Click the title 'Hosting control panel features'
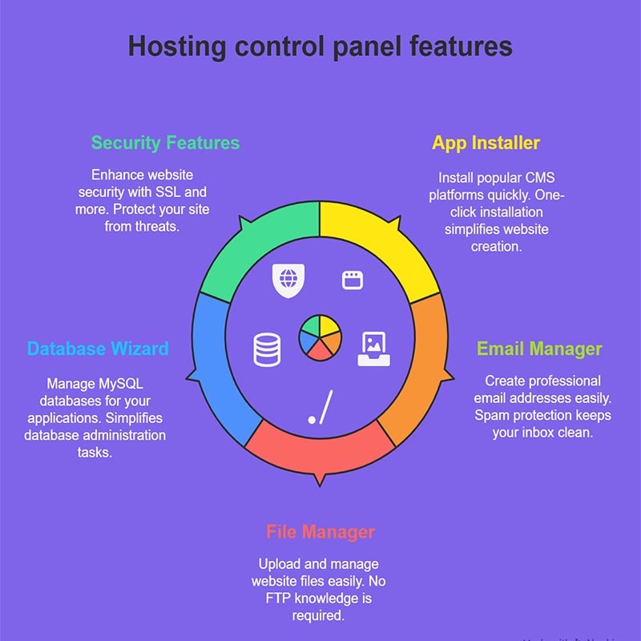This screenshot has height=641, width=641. [320, 46]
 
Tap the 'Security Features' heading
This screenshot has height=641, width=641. [165, 143]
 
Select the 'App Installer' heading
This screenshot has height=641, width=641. [486, 143]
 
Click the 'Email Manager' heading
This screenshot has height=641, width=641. [539, 349]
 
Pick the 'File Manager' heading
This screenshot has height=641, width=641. [320, 532]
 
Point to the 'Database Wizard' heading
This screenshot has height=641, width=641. [98, 349]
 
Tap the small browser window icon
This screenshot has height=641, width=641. [353, 280]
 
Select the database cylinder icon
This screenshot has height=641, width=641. [267, 349]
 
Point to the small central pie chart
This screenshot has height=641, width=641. [320, 337]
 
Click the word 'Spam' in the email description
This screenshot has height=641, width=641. [490, 415]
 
